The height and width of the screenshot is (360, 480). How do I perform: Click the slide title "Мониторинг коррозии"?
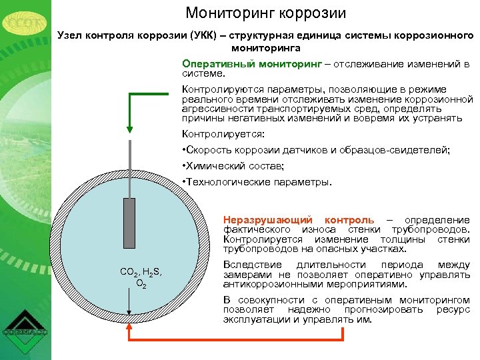click(x=266, y=13)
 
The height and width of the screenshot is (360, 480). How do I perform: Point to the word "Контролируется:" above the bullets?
click(x=219, y=134)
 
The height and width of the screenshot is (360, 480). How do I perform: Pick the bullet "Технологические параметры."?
click(x=256, y=181)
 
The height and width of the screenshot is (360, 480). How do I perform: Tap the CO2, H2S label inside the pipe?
click(x=141, y=272)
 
